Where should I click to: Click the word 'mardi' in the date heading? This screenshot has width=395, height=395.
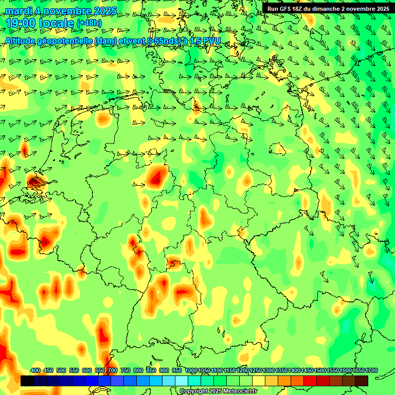(x=19, y=11)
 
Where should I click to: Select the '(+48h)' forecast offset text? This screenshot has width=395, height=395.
(x=89, y=23)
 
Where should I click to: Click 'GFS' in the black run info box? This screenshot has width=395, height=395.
(x=287, y=8)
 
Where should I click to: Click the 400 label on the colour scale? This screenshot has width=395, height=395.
(x=35, y=370)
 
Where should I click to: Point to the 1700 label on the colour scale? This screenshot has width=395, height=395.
(x=358, y=370)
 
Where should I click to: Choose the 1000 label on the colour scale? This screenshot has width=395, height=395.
(x=191, y=370)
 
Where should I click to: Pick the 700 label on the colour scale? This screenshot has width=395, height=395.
(x=113, y=370)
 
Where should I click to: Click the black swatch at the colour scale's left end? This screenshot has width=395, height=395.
(x=27, y=381)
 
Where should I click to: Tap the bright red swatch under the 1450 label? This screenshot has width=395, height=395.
(x=310, y=381)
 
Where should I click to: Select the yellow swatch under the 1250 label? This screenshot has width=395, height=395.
(x=259, y=381)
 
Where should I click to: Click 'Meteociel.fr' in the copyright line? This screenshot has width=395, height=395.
(x=239, y=391)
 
